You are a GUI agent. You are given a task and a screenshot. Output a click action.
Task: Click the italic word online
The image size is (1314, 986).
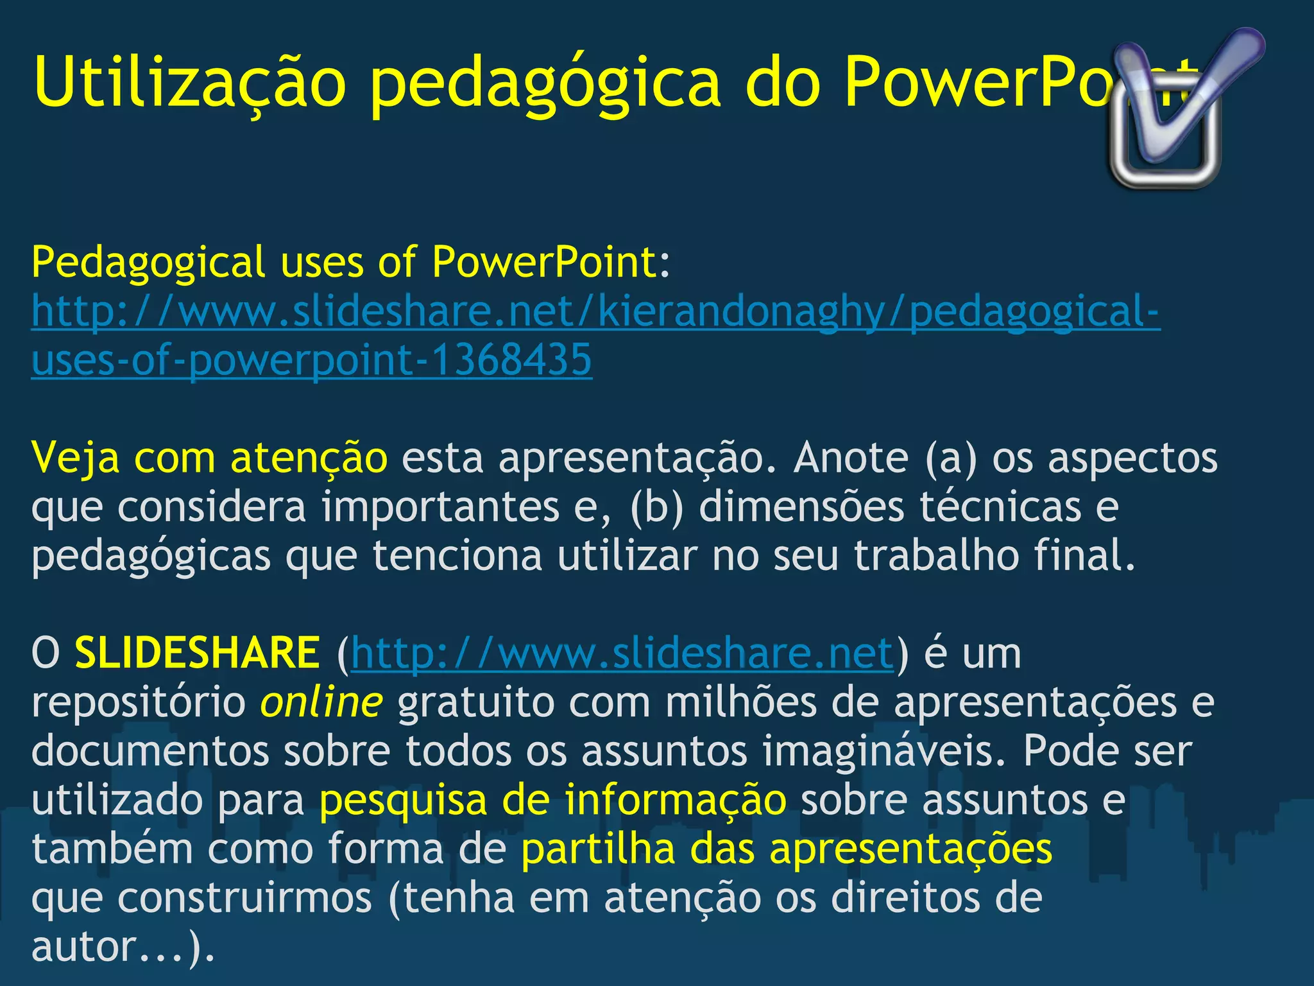[x=321, y=702]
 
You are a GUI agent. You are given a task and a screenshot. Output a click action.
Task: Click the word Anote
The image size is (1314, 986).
[x=851, y=458]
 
